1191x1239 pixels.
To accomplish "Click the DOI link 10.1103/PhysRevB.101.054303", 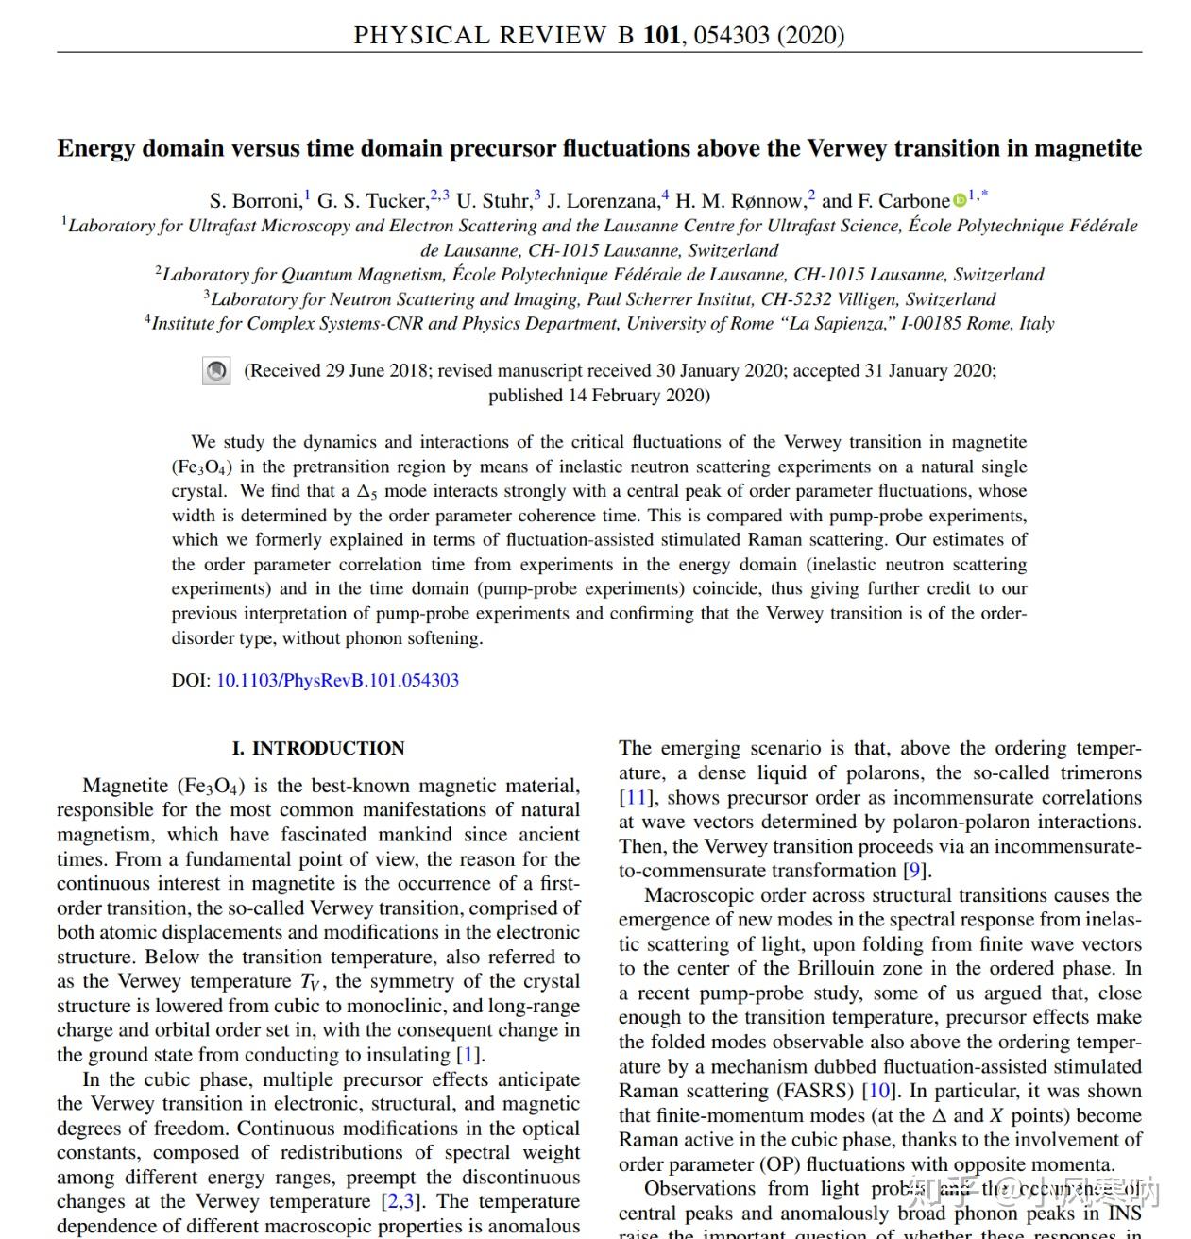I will [x=337, y=681].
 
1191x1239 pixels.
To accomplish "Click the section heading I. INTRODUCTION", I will [x=318, y=749].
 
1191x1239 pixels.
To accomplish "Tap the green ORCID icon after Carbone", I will [x=960, y=200].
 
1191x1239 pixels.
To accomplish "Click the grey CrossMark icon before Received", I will [x=216, y=371].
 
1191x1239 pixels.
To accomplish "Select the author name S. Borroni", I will [x=254, y=201].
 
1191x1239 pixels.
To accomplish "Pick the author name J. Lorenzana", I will [x=603, y=201].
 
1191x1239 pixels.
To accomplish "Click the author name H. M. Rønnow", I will [x=740, y=201].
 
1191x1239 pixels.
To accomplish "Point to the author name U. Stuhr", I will [x=493, y=201].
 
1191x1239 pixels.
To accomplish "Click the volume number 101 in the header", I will [x=661, y=36].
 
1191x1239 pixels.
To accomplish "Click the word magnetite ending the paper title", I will [x=1088, y=149].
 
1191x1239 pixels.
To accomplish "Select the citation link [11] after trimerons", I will [x=635, y=798].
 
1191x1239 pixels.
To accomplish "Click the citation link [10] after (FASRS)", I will [x=877, y=1092].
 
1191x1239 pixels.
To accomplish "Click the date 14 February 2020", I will [x=638, y=396].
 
